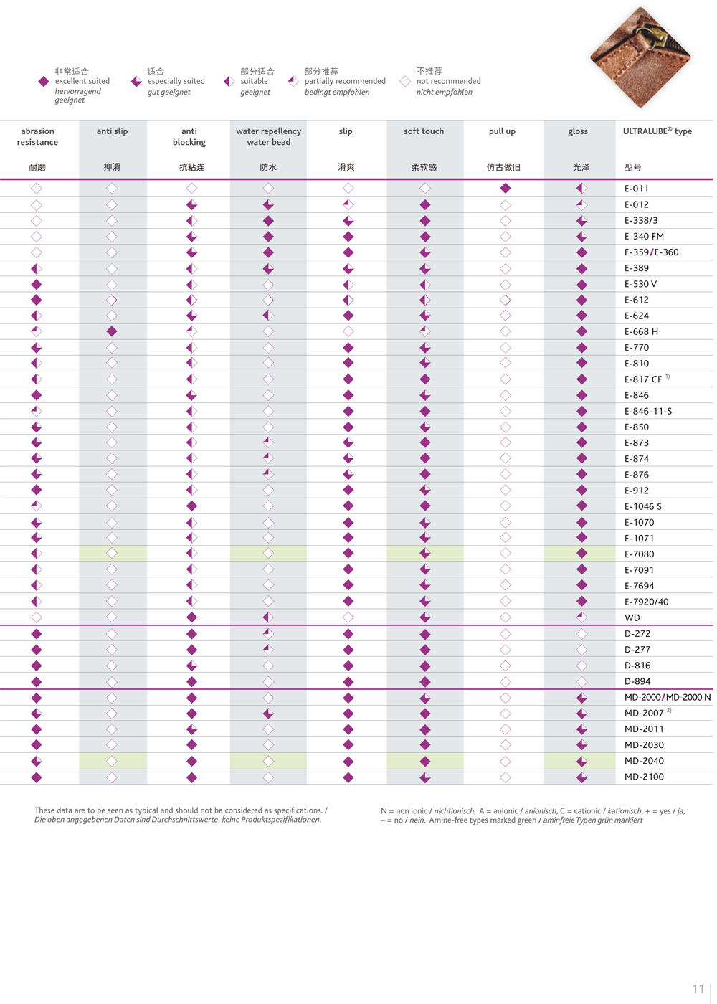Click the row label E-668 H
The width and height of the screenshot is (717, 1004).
point(641,332)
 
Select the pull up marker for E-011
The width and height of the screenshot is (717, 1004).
point(505,188)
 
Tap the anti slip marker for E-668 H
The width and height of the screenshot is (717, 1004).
point(112,331)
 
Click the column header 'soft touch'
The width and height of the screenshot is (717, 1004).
point(424,131)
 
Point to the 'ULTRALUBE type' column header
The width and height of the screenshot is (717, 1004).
point(657,131)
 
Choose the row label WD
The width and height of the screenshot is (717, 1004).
point(632,617)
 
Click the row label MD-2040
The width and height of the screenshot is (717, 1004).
point(644,761)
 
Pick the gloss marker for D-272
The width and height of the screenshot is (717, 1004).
point(581,634)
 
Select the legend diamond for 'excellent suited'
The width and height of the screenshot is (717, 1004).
point(44,82)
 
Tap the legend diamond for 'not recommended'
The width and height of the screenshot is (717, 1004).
point(405,82)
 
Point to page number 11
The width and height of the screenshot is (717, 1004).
point(698,989)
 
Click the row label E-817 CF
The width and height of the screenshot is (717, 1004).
point(643,379)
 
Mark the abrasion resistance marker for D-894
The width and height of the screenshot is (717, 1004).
point(37,681)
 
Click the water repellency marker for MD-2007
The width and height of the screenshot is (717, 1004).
point(268,714)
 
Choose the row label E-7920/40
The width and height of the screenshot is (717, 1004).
point(646,602)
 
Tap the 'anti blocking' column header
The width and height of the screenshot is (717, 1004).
point(189,136)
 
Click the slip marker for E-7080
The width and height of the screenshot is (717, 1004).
point(348,553)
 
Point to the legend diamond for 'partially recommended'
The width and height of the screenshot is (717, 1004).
point(293,82)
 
